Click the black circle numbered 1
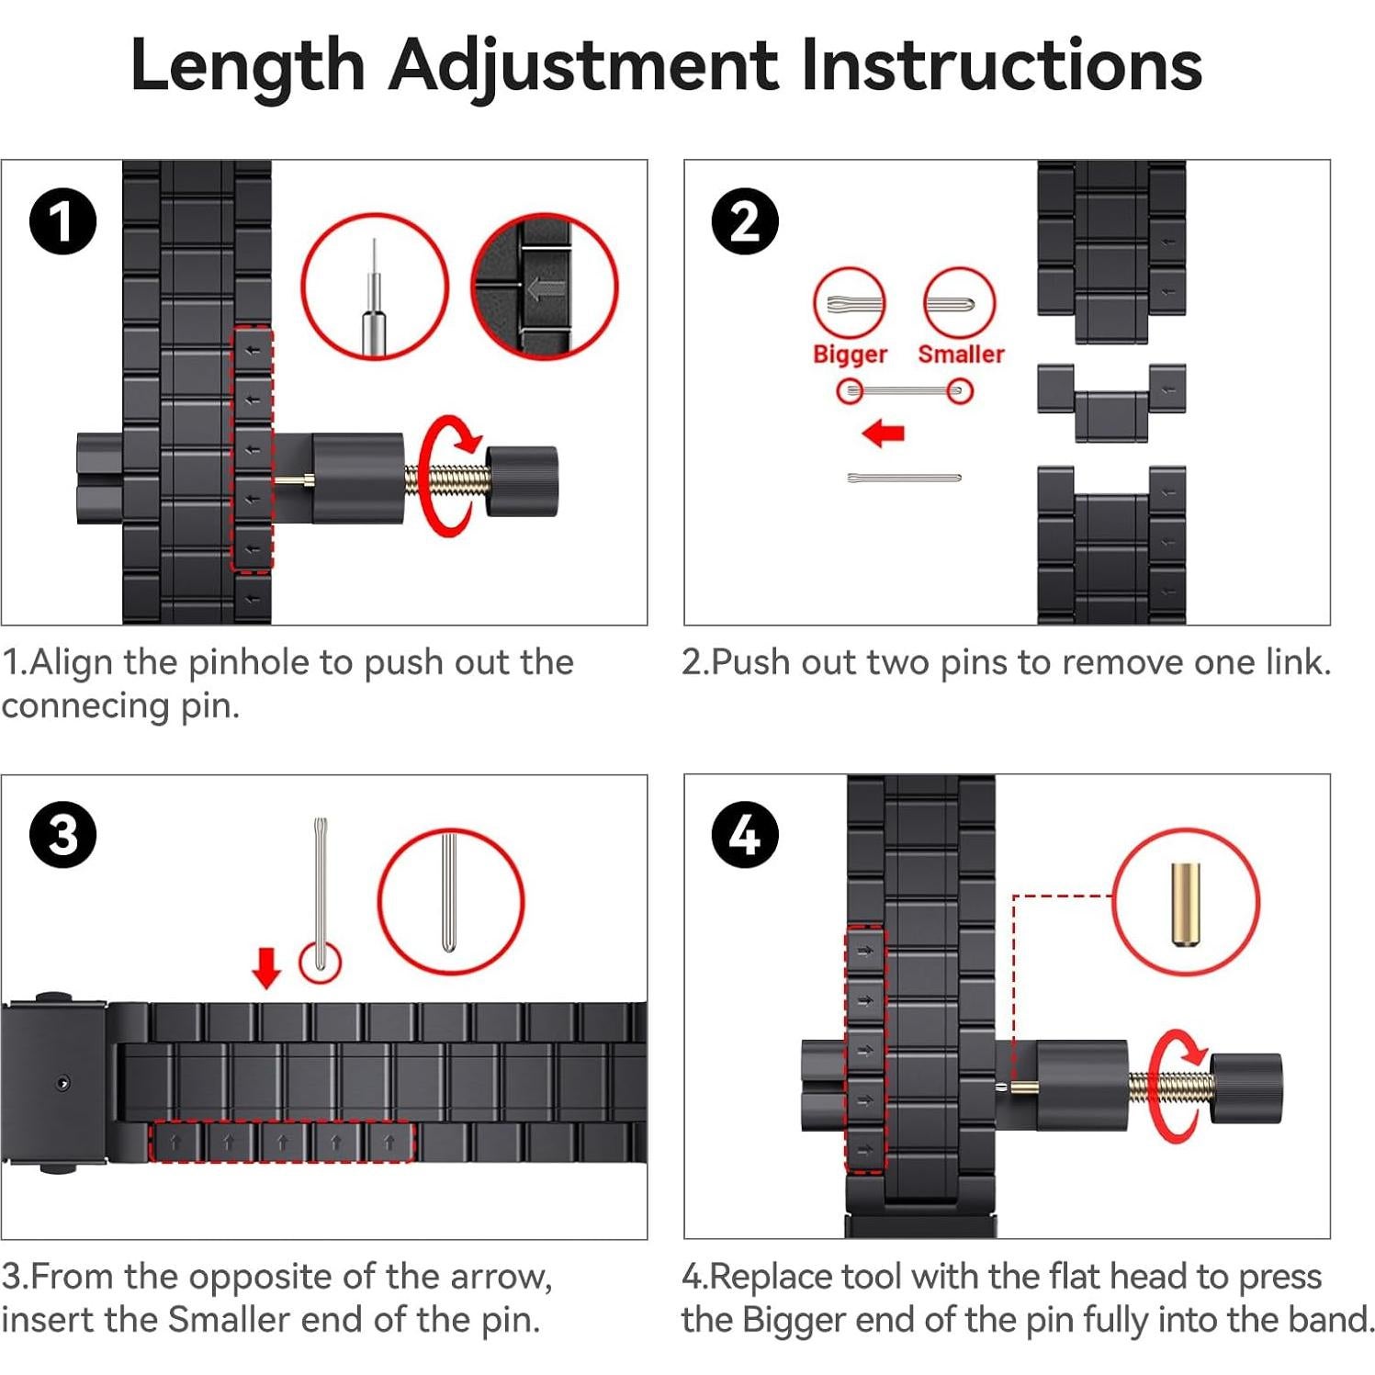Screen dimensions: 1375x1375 62,222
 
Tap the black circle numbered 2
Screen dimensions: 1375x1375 745,222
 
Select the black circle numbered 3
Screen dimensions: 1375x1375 62,836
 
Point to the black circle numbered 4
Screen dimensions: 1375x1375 745,836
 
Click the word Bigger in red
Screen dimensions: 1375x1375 850,355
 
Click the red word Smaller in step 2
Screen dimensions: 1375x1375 961,354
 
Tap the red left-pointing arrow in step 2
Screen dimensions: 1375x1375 884,432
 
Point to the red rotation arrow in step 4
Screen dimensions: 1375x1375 1177,1086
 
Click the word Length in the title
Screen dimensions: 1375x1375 248,66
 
